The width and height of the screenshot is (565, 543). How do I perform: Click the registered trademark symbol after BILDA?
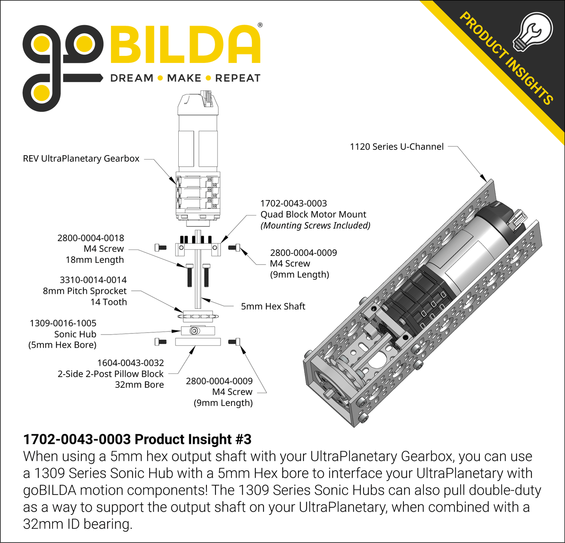[x=260, y=25]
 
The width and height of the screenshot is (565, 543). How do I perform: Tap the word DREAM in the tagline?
[x=132, y=78]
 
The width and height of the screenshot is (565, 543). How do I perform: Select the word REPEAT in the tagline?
[x=238, y=78]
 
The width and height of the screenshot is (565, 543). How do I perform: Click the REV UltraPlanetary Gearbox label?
[x=81, y=159]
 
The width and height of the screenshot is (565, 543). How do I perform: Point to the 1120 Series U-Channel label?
[x=396, y=147]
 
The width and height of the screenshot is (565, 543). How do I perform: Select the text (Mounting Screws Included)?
[x=315, y=226]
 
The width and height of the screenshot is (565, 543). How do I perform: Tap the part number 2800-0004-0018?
[x=91, y=238]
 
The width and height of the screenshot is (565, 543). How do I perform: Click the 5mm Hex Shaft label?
[x=273, y=306]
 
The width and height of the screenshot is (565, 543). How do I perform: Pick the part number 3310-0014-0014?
[x=93, y=280]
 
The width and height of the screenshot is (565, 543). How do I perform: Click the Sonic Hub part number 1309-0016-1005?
[x=63, y=323]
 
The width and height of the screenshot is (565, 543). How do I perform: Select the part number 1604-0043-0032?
[x=131, y=363]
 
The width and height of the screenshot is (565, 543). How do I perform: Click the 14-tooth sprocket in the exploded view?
[x=198, y=316]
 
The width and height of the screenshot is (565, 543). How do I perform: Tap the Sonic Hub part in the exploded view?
[x=198, y=331]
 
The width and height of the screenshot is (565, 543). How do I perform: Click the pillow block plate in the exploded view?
[x=198, y=342]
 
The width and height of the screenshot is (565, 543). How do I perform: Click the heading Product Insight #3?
[x=137, y=439]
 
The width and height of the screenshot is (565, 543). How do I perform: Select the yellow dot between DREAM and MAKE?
[x=160, y=78]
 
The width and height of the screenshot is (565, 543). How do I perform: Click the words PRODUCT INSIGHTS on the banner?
[x=506, y=59]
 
